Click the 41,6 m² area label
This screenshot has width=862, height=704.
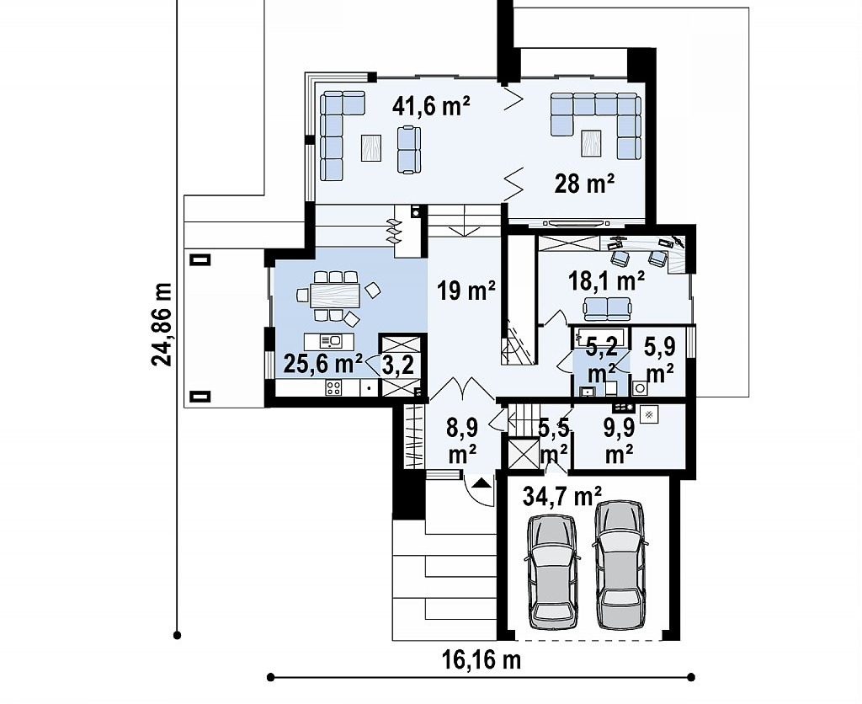(431, 106)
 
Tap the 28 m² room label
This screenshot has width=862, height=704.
(584, 183)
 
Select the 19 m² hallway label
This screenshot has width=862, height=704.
(466, 290)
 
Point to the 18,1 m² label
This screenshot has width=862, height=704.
(606, 281)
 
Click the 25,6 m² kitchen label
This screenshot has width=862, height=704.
(322, 364)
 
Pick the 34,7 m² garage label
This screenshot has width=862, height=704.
(561, 496)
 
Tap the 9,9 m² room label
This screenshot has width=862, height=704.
(619, 440)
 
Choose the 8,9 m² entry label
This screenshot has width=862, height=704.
(462, 440)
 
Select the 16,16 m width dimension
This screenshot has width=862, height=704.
(482, 659)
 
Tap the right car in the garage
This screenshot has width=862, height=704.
(620, 564)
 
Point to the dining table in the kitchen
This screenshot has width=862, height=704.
(335, 296)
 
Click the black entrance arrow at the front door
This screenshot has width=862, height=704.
(481, 483)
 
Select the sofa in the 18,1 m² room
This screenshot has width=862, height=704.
(606, 308)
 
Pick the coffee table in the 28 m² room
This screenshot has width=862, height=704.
(591, 142)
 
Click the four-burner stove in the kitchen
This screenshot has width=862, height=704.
(333, 387)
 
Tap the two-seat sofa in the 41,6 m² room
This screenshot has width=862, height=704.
(408, 150)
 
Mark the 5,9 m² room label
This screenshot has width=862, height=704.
(660, 360)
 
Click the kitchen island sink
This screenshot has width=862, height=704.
(332, 341)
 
